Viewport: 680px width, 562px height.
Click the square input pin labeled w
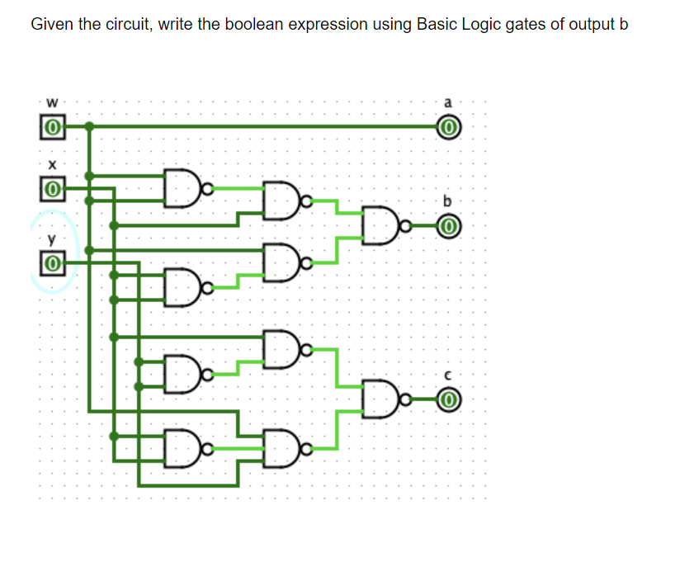tap(51, 128)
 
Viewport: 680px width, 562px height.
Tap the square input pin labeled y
tap(51, 264)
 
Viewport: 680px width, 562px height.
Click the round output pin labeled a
tap(448, 128)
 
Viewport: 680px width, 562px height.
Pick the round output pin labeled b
tap(448, 224)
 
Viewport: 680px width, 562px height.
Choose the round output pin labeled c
tap(448, 401)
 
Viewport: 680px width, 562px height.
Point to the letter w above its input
tap(52, 103)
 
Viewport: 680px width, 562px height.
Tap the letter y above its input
tap(51, 240)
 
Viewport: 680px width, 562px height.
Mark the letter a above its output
tap(448, 103)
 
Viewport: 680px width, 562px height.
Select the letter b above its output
tap(448, 200)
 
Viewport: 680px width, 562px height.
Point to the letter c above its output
tap(448, 376)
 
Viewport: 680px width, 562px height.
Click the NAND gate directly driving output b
tap(378, 224)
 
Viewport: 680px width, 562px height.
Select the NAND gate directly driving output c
tap(378, 401)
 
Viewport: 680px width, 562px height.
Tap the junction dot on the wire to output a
tap(89, 127)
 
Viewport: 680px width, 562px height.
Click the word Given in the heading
tap(52, 24)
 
